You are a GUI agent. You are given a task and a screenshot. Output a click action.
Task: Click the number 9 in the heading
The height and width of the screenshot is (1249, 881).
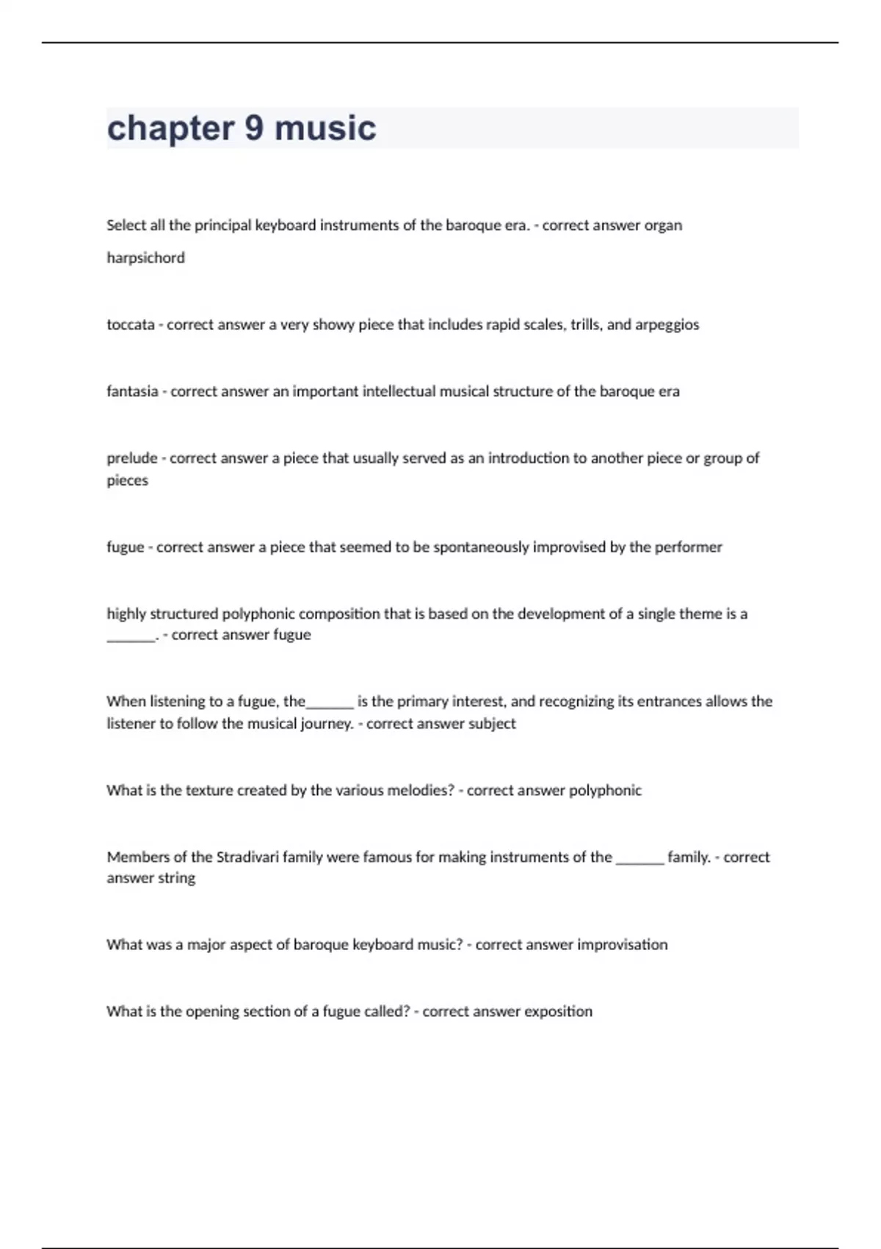click(254, 128)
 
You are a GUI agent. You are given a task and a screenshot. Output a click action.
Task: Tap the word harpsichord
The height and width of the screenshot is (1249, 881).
click(145, 258)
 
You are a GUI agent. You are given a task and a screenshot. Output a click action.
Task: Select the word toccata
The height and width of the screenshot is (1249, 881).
click(131, 325)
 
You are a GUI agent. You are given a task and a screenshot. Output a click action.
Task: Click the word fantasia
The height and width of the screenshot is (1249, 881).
click(132, 392)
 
